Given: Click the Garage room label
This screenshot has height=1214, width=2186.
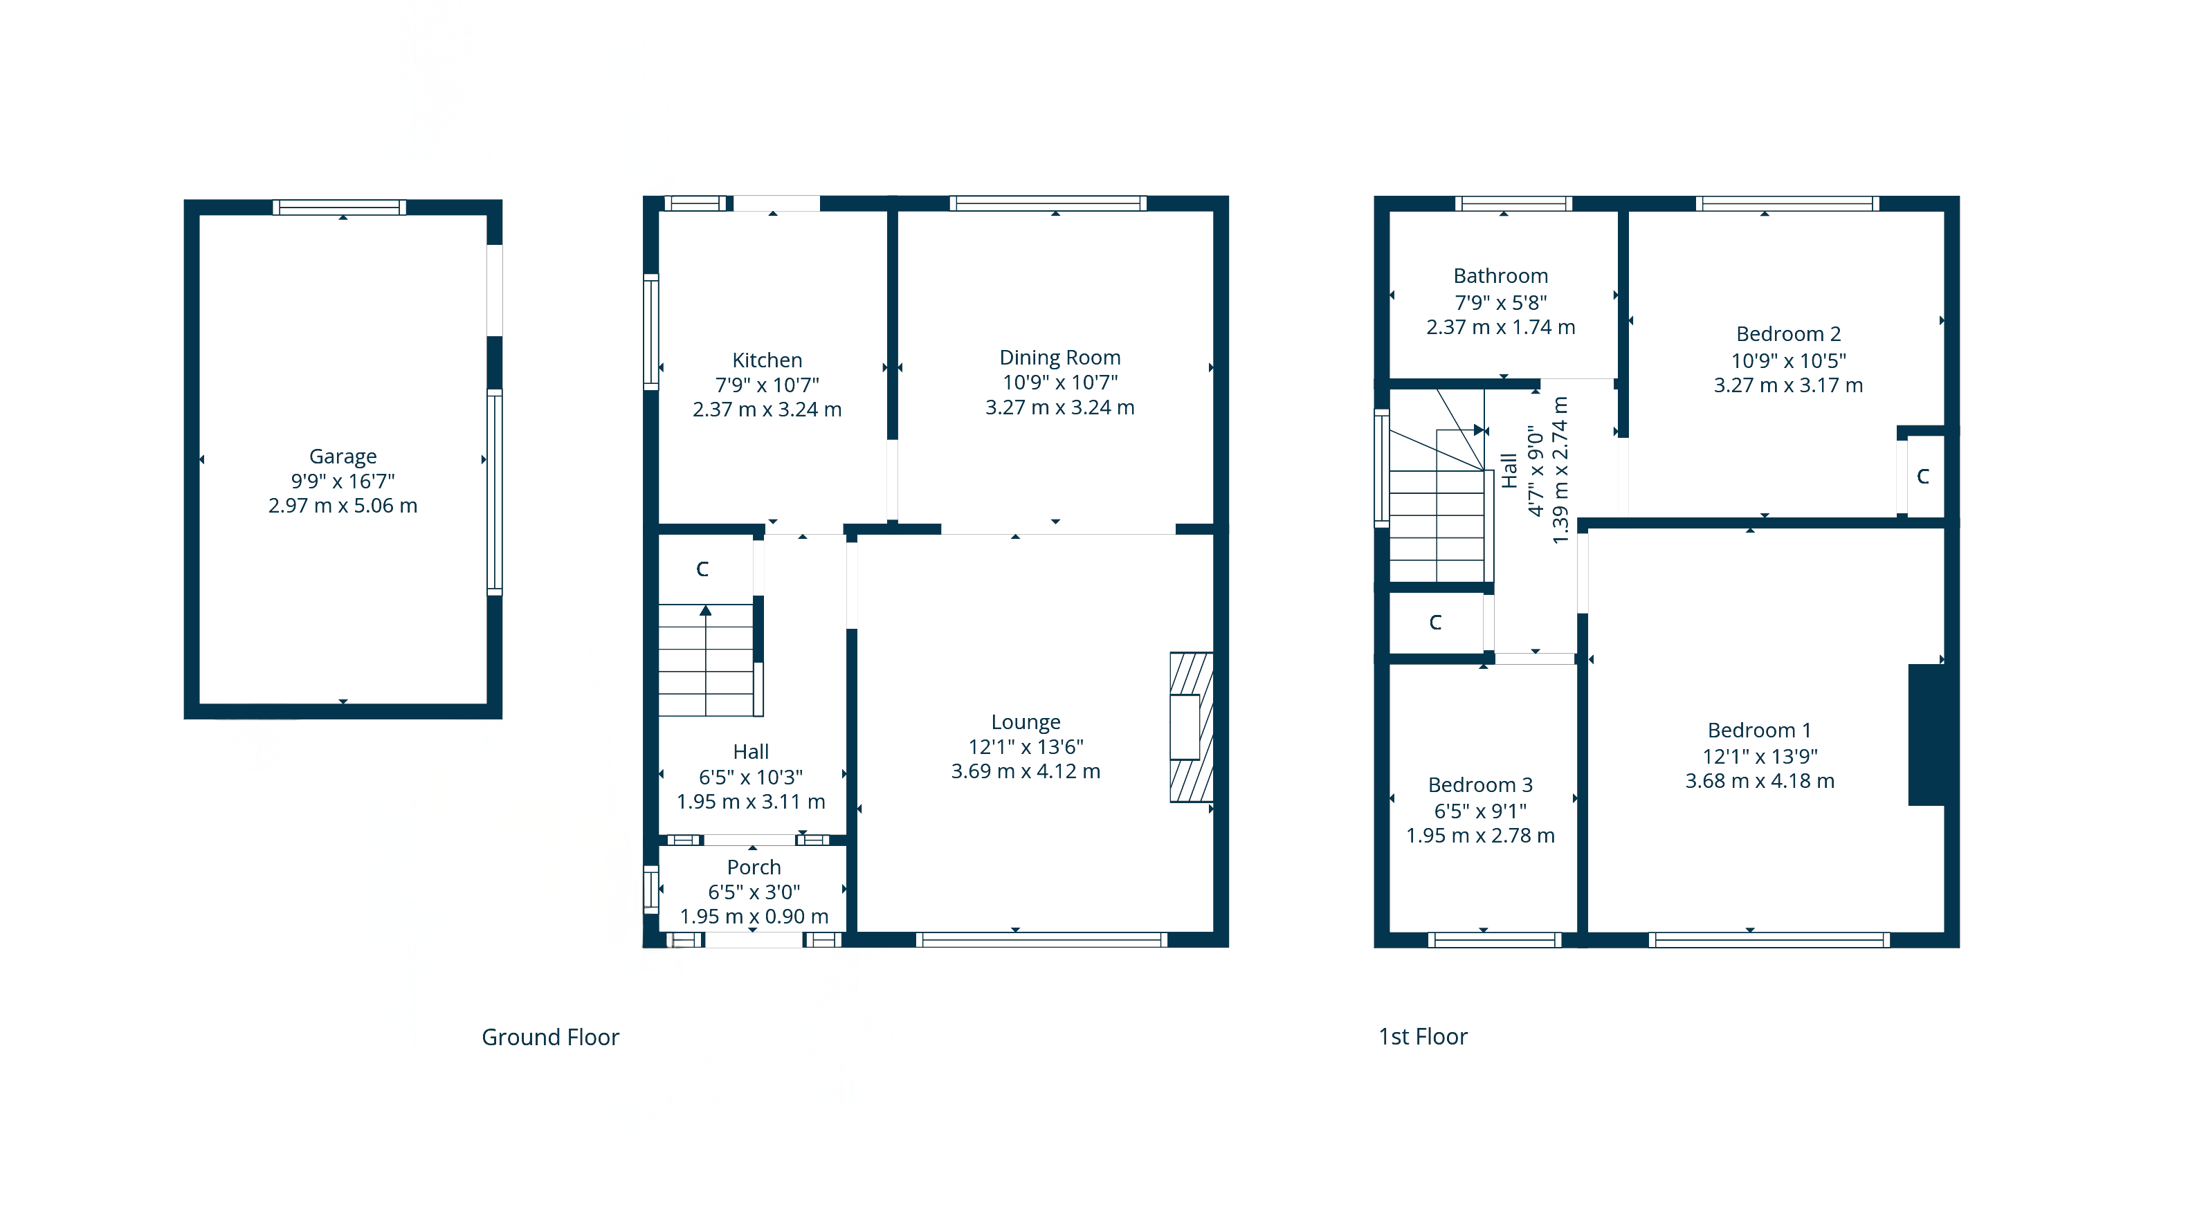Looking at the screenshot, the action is (343, 457).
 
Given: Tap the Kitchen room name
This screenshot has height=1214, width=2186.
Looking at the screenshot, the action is (767, 360).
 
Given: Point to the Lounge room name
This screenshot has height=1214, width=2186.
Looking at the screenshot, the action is (1026, 722).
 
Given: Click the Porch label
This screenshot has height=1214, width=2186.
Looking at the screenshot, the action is (754, 867).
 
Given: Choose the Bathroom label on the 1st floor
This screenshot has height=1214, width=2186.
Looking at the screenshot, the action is (1501, 276).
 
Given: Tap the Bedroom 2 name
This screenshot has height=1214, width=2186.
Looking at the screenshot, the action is (1789, 333).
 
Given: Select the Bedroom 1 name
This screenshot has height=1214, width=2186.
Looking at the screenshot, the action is (1760, 730).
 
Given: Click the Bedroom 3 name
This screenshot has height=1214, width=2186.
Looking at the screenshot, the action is (1481, 784).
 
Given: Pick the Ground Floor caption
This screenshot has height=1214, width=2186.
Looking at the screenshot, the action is (551, 1037).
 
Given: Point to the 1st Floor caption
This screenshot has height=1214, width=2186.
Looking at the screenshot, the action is (1423, 1036).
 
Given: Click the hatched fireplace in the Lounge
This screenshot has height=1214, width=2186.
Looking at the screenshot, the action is (1192, 727).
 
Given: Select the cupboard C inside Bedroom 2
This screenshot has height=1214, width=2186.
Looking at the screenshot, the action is (1923, 476).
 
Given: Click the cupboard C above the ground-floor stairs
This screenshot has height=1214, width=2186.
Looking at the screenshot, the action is (702, 569).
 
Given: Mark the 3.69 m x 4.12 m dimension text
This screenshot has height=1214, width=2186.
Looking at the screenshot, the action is (1026, 771).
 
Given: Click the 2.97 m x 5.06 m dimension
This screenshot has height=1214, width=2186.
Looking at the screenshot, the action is (343, 506).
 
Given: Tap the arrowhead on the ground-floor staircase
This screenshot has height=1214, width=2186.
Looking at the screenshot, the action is (705, 610).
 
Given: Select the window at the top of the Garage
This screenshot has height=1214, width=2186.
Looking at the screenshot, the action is (340, 207).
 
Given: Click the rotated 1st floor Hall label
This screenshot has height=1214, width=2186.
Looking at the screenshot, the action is (1509, 471).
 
